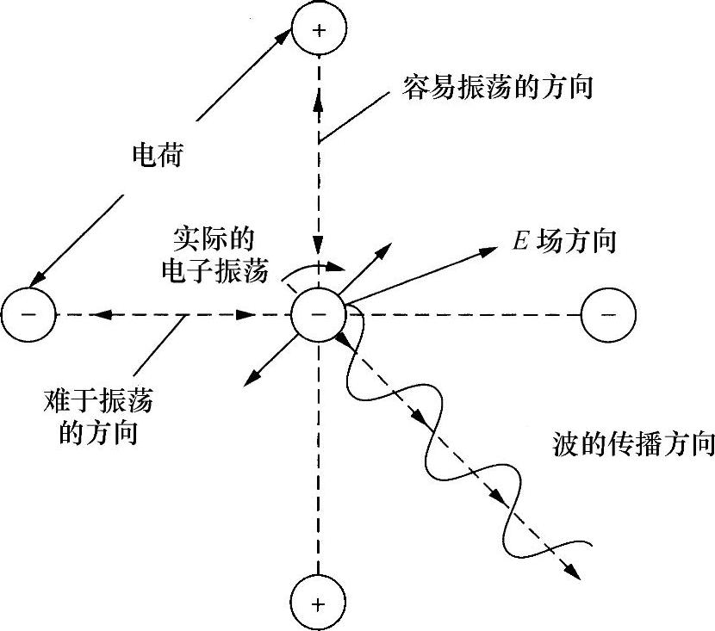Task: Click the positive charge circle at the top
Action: coord(319,30)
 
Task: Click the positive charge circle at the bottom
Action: coord(319,603)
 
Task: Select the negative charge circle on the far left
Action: coord(28,315)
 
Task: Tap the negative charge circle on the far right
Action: coord(609,315)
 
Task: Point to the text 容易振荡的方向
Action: coord(498,88)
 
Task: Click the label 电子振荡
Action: coord(215,272)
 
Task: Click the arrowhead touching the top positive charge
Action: coord(287,36)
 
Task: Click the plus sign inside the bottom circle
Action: coord(319,603)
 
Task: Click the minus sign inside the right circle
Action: coord(609,315)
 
